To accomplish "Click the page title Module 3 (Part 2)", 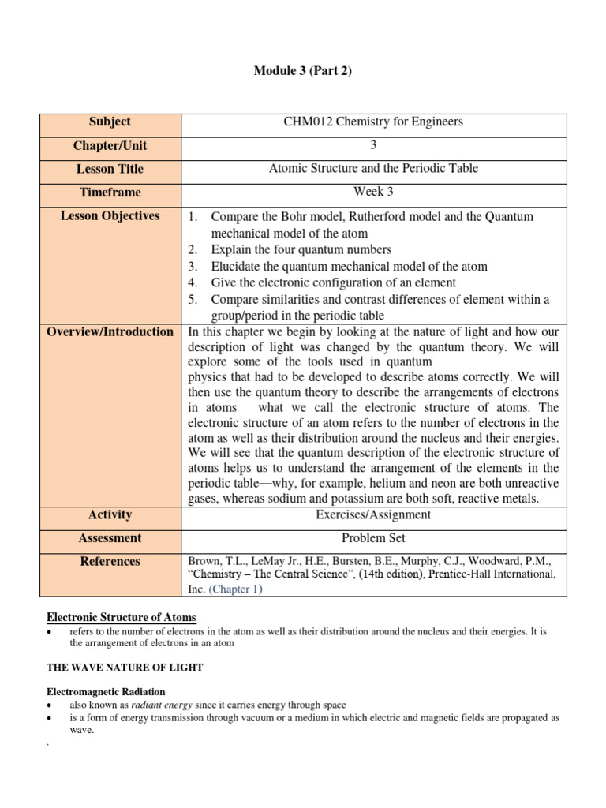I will [302, 71].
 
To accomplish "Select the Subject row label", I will [110, 122].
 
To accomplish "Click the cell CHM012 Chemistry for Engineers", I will [373, 122].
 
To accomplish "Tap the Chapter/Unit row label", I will [110, 146].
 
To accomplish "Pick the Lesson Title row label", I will [110, 169].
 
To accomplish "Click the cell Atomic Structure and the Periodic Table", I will [373, 169].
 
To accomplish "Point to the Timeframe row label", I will [110, 193].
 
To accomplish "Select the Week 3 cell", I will [373, 192].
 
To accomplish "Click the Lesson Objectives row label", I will [110, 216].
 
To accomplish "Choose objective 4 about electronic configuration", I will [322, 283].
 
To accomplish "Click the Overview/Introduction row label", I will [110, 332].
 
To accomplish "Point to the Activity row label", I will [110, 515].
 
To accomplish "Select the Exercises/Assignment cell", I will [373, 515].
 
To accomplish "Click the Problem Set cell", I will [373, 538].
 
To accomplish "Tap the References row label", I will [110, 562].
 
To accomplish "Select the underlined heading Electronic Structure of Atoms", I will [122, 617].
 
